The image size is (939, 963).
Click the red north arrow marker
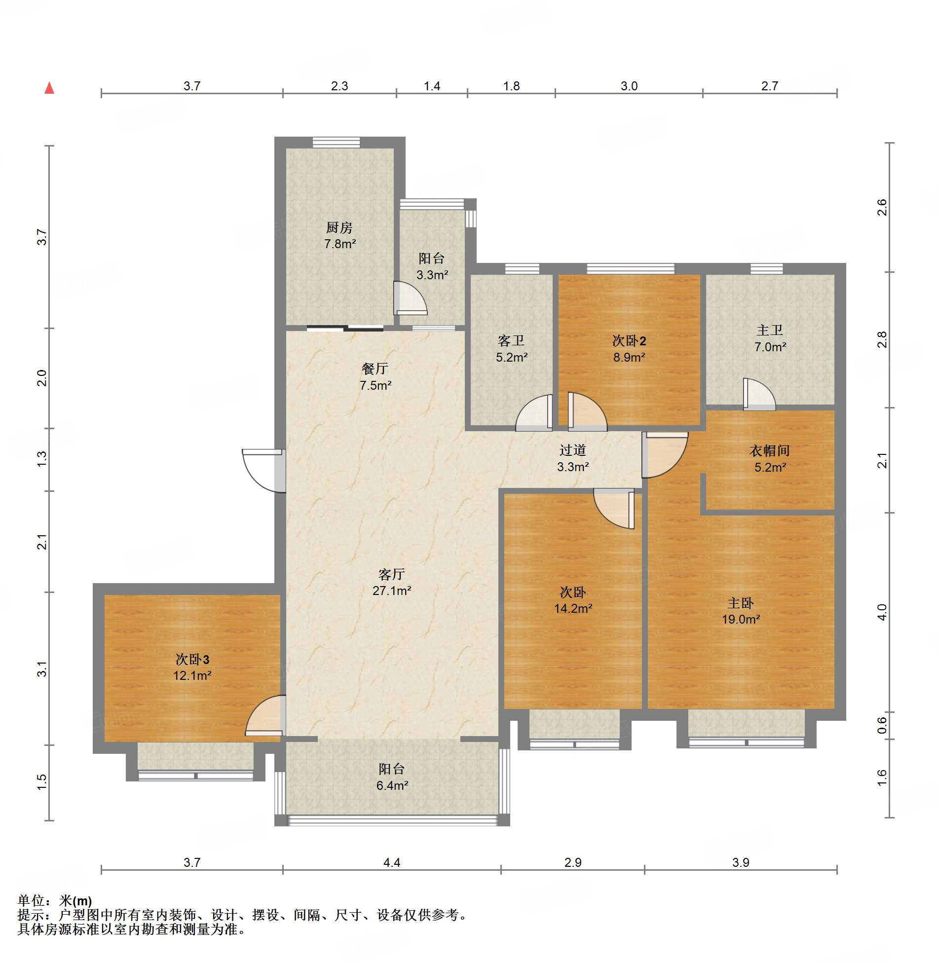(x=49, y=88)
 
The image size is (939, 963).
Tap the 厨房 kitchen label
(x=339, y=227)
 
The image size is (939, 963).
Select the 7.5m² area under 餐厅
(x=376, y=385)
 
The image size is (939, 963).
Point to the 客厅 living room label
(x=392, y=574)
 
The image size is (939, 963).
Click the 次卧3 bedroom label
(x=192, y=659)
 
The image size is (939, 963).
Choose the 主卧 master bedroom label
(x=741, y=603)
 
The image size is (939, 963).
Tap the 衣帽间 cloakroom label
(x=770, y=450)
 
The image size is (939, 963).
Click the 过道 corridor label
(x=573, y=450)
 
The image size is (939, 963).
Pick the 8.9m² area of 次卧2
(x=629, y=357)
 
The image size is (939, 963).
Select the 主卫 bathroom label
(x=770, y=330)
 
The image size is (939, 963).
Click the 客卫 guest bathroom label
(x=511, y=340)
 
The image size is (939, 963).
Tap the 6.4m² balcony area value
(x=392, y=785)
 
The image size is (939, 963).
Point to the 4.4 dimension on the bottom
(x=392, y=862)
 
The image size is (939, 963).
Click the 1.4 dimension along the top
(x=432, y=86)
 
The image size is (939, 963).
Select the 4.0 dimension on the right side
(x=882, y=612)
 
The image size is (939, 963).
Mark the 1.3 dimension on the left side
(x=42, y=459)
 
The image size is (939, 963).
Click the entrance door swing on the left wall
(x=264, y=471)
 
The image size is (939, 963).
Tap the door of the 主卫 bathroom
(x=759, y=394)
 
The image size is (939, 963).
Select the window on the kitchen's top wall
(x=336, y=143)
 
